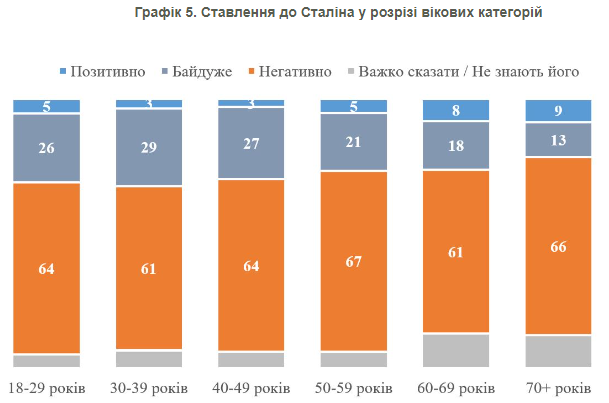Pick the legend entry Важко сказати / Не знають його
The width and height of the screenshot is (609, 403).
[460, 72]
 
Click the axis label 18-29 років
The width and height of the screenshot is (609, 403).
[46, 387]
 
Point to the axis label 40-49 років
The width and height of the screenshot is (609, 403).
[251, 387]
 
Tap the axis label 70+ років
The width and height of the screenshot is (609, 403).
[559, 387]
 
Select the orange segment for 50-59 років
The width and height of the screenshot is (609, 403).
[353, 261]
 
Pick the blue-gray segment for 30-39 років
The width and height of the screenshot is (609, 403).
[149, 147]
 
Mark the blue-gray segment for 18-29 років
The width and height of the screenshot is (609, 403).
[46, 148]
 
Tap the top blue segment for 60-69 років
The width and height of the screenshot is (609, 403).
[456, 110]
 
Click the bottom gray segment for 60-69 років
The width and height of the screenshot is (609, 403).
[456, 350]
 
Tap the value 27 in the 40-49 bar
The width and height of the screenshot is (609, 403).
[251, 142]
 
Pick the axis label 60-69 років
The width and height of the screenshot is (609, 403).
[456, 387]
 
